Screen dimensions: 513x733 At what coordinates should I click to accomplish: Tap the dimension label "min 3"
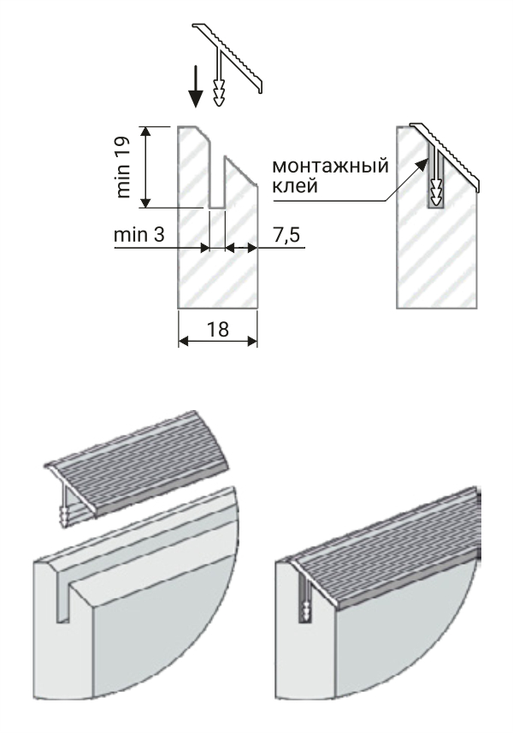coord(139,234)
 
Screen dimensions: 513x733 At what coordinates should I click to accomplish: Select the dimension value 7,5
coord(286,235)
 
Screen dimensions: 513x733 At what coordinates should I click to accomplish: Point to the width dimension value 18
coord(218,329)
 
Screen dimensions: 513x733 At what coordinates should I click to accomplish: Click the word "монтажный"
coord(331,166)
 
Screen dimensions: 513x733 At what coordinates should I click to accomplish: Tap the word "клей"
coord(295,185)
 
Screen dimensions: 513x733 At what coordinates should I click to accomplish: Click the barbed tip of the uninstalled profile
coord(218,92)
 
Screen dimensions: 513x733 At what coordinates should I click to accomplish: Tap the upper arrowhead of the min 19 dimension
coord(146,132)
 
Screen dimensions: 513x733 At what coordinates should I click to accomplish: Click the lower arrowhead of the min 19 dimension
coord(146,202)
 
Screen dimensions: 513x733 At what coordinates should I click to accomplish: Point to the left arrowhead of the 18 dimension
coord(184,342)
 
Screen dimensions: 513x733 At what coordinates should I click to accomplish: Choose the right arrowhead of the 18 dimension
coord(252,342)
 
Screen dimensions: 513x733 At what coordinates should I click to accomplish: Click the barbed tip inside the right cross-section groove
coord(437,193)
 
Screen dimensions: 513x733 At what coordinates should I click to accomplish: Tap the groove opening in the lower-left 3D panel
coord(62,601)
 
